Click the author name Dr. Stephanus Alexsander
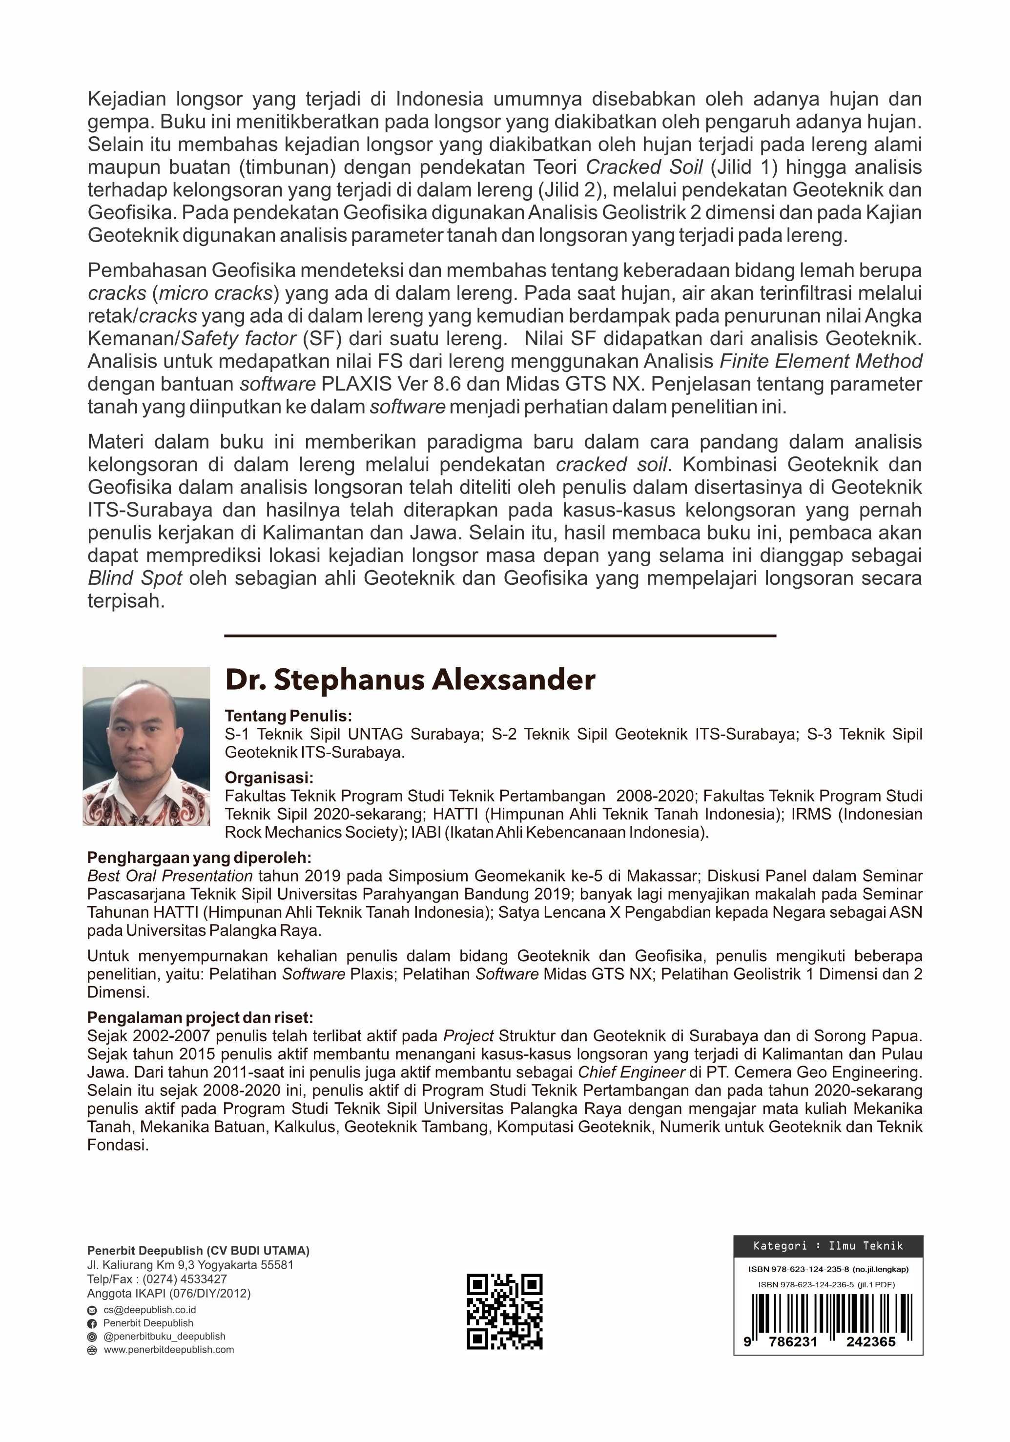coord(410,680)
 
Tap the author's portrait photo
coord(146,745)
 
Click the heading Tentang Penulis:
coord(289,716)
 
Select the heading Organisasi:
coord(269,778)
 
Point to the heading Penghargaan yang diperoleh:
coord(199,858)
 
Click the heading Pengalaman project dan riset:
coord(200,1017)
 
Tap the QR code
coord(504,1312)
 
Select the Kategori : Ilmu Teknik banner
coord(828,1245)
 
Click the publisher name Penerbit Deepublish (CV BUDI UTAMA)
coord(198,1251)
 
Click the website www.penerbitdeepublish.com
coord(168,1350)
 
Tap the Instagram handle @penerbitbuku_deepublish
coord(164,1337)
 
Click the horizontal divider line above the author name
coord(500,636)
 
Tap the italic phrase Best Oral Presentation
coord(169,876)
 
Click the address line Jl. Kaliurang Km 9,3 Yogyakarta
coord(190,1265)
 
